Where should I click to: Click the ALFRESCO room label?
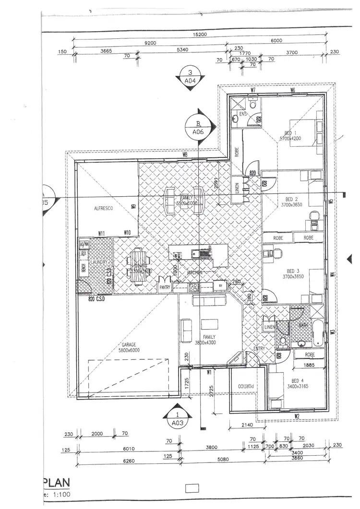pos(103,209)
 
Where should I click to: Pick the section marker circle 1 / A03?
pos(178,418)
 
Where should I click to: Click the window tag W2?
pos(297,415)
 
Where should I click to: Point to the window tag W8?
pos(184,155)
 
